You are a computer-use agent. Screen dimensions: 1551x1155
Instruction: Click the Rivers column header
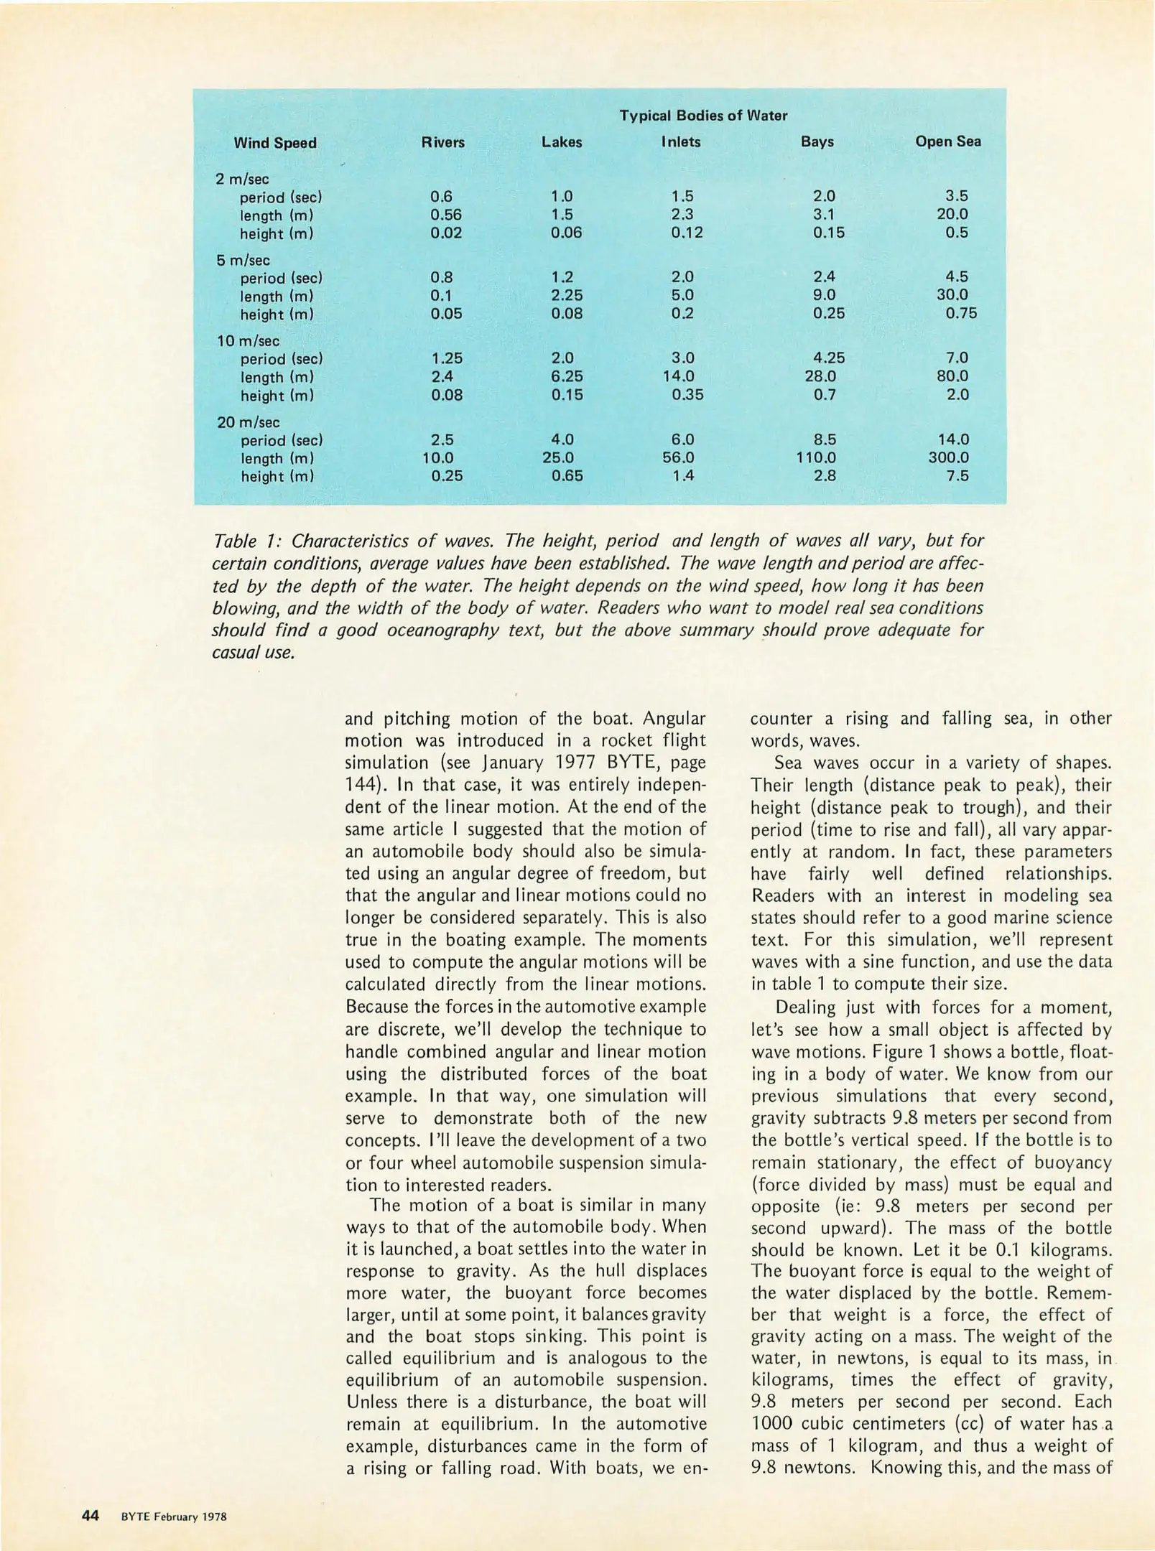[x=442, y=142]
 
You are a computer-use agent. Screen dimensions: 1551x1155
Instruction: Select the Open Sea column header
[x=947, y=141]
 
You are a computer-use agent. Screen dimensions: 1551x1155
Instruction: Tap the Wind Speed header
[x=274, y=143]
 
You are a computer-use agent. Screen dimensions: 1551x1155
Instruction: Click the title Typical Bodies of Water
[x=702, y=116]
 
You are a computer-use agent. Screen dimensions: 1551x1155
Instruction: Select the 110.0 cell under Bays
[x=816, y=457]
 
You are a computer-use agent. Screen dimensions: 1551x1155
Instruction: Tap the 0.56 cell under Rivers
[x=445, y=214]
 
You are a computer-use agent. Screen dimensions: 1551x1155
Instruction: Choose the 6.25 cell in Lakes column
[x=566, y=376]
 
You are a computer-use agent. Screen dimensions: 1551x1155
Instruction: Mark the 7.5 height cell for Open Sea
[x=957, y=475]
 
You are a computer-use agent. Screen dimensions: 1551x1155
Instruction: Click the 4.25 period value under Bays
[x=829, y=358]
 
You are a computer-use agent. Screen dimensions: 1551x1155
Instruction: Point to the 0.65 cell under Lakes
[x=566, y=475]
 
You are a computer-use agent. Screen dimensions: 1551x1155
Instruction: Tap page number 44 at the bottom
[x=91, y=1516]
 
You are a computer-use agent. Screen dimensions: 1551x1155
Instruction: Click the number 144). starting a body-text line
[x=368, y=785]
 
